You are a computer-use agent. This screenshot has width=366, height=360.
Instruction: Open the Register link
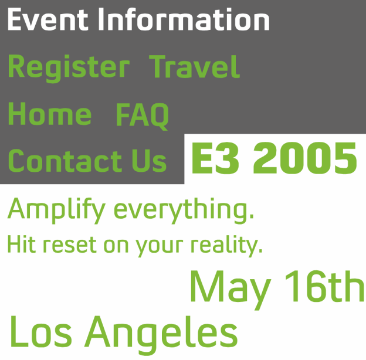(68, 67)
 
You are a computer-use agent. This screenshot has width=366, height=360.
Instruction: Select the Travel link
(195, 67)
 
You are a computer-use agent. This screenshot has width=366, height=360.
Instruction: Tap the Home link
(50, 114)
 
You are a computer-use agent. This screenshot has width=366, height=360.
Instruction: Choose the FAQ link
(143, 114)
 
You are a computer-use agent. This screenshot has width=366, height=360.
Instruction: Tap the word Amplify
(56, 210)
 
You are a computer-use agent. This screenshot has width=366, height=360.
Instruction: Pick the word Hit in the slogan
(19, 244)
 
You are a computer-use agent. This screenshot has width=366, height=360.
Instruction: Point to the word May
(230, 288)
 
